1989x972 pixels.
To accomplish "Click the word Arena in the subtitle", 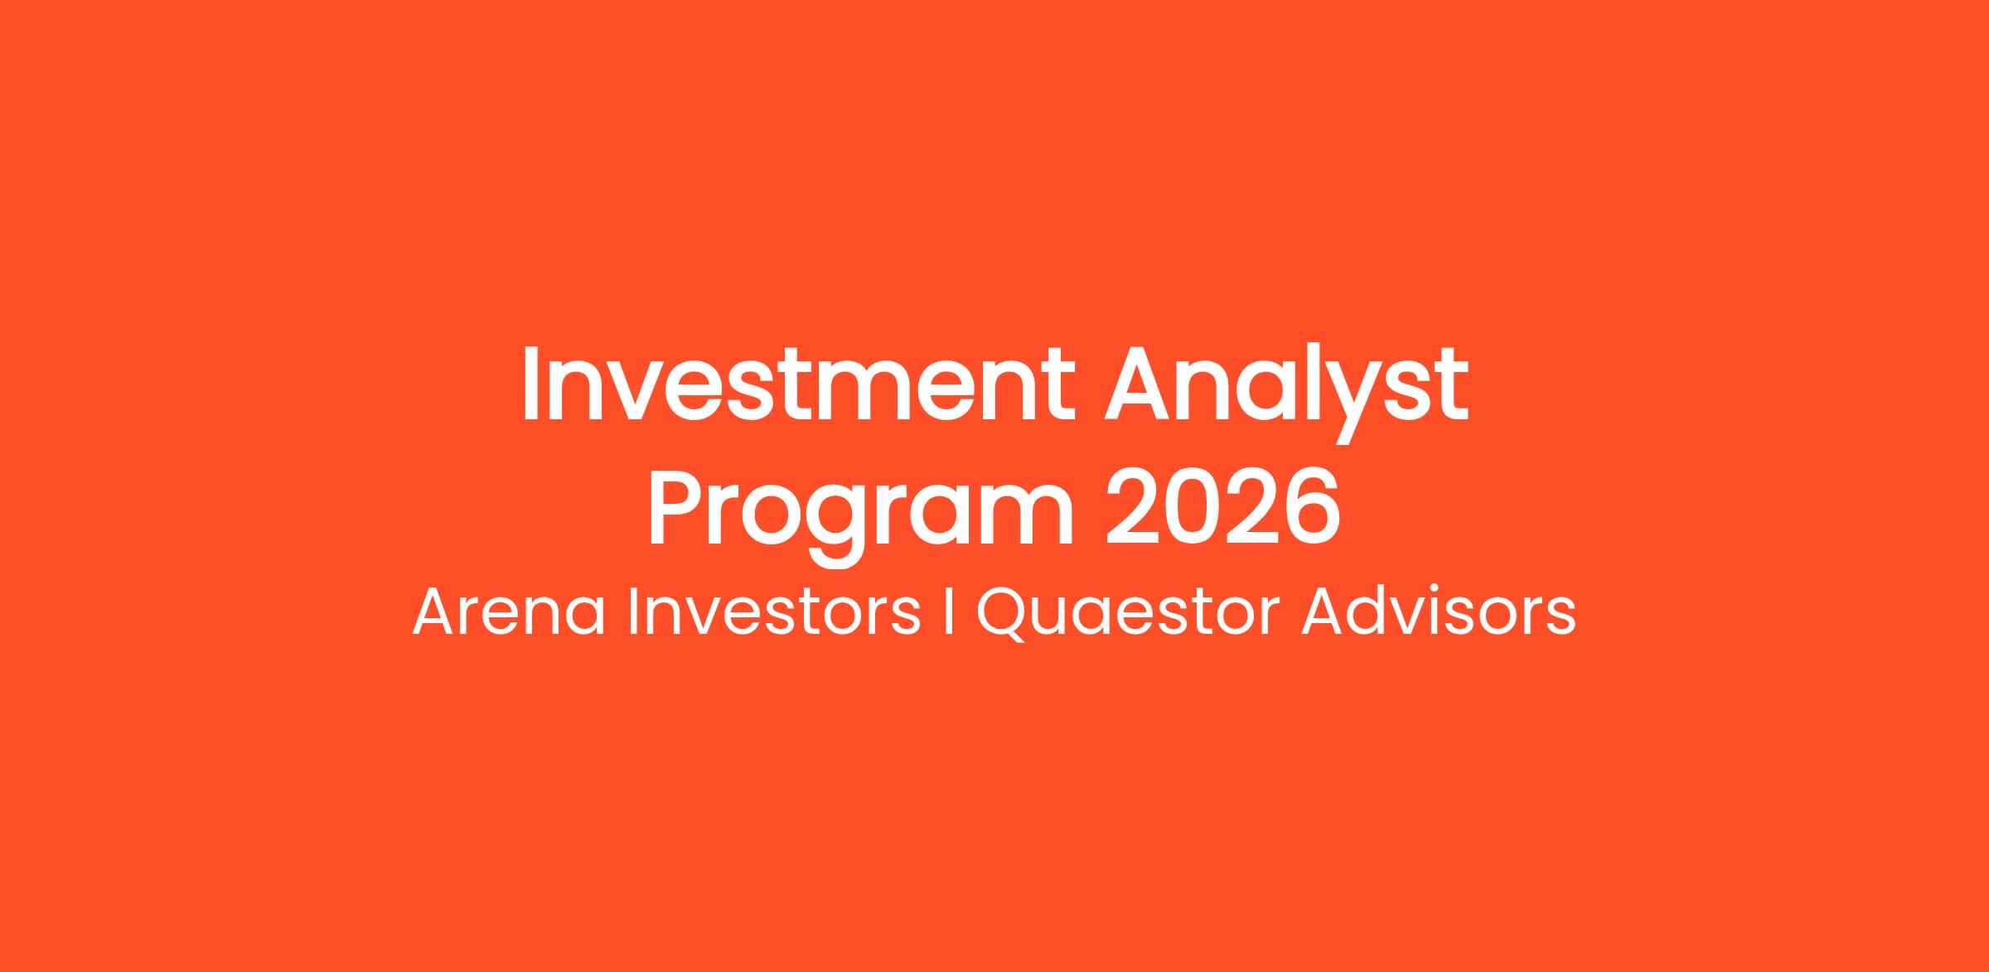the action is click(x=509, y=612).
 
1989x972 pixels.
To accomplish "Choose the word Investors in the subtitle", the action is click(x=774, y=612).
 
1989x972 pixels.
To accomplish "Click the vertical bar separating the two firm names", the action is click(x=948, y=612).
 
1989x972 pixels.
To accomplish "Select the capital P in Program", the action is click(x=676, y=508).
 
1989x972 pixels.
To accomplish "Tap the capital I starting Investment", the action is click(x=528, y=384).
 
